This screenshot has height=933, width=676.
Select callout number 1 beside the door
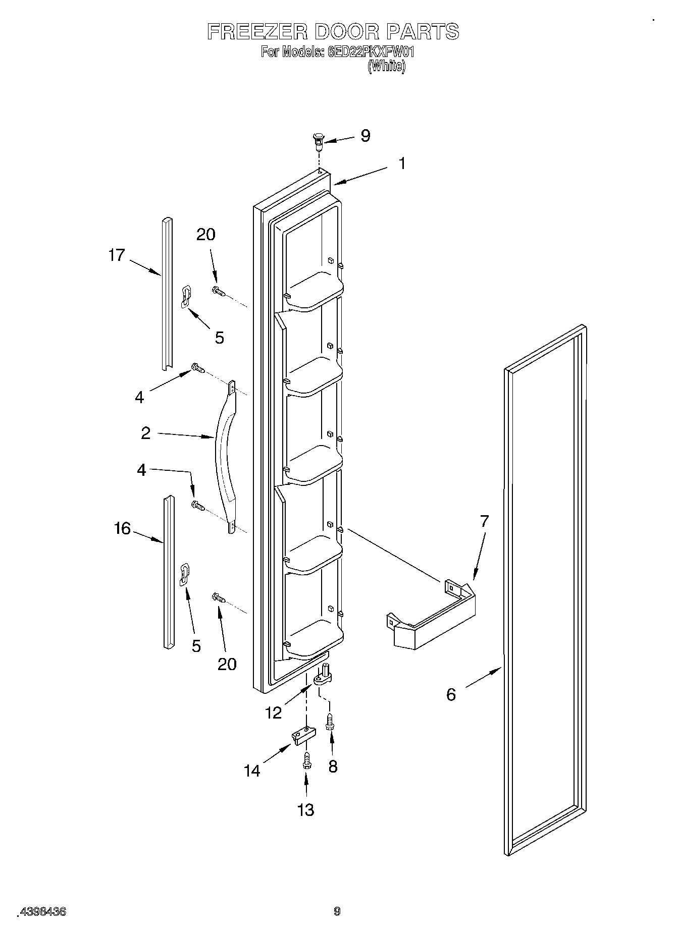point(402,163)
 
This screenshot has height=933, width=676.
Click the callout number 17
point(116,255)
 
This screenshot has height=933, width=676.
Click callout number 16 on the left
point(122,529)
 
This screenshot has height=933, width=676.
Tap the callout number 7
point(484,521)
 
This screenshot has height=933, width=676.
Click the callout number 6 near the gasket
point(451,695)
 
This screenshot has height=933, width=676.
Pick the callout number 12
point(273,712)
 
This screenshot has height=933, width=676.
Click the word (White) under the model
point(386,66)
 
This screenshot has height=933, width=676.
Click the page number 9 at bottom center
point(337,911)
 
